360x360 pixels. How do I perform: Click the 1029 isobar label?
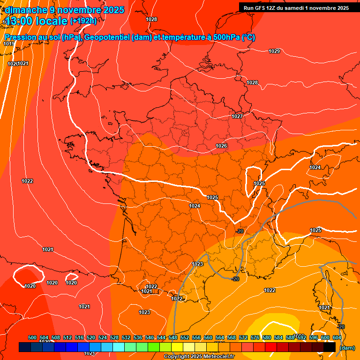tap(274, 51)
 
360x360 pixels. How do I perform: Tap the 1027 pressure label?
tap(237, 116)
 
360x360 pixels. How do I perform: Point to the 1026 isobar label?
tap(221, 146)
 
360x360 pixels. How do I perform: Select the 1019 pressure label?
tap(8, 44)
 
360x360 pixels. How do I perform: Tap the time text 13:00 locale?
tap(36, 21)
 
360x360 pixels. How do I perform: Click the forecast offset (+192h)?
tap(83, 21)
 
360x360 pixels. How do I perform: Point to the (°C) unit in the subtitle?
tap(248, 37)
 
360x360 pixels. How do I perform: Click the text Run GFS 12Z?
tap(261, 8)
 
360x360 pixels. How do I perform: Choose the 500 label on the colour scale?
tap(32, 337)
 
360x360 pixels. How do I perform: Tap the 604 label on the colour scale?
tap(337, 337)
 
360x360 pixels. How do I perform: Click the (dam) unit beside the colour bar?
tap(347, 348)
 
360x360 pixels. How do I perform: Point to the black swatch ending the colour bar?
tap(330, 347)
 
